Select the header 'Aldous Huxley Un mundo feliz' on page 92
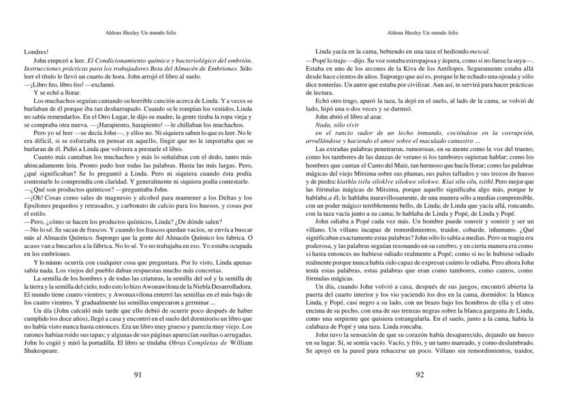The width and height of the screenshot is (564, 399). pos(422,32)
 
